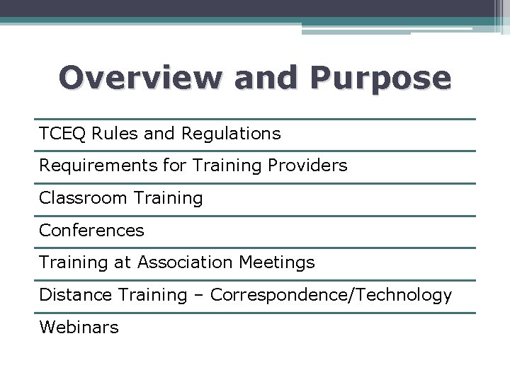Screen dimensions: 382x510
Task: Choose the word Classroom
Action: [78, 198]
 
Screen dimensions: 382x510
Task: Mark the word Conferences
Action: [91, 231]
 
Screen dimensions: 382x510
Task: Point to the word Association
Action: [185, 263]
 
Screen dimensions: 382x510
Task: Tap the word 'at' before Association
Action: [123, 263]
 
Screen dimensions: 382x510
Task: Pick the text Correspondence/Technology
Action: [331, 295]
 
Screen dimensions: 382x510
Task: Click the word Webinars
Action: [79, 328]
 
